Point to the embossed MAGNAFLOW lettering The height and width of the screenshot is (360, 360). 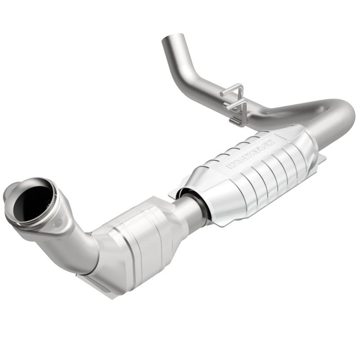coord(250,153)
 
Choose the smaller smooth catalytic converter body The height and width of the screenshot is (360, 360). coord(135,243)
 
